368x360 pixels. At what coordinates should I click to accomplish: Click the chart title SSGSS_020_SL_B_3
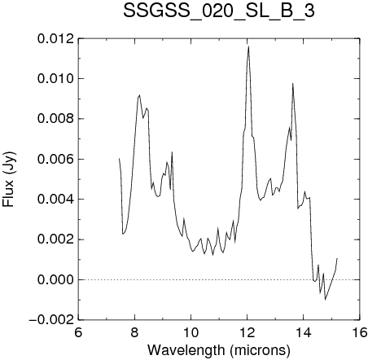tap(219, 11)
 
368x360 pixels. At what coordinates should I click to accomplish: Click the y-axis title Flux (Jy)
tap(8, 179)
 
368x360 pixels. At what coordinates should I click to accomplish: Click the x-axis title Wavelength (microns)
tap(219, 350)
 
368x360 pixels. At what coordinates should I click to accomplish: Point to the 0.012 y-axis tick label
tap(55, 39)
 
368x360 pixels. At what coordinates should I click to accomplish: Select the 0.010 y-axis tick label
tap(55, 79)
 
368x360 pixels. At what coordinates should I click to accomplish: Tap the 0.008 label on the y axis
tap(55, 119)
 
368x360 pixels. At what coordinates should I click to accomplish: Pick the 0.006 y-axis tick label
tap(55, 159)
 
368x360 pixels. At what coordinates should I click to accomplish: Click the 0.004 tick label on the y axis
tap(55, 200)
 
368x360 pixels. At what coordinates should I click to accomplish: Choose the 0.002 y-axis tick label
tap(55, 239)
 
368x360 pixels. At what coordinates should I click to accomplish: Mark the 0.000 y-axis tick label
tap(55, 279)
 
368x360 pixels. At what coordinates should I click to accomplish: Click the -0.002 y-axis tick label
tap(51, 320)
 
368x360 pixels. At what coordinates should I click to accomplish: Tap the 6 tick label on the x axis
tap(78, 332)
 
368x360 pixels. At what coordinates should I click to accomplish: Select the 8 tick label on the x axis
tap(134, 332)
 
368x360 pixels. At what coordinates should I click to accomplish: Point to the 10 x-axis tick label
tap(191, 332)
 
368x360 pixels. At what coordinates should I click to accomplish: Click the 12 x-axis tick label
tap(248, 332)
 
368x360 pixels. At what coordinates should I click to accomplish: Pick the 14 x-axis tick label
tap(304, 332)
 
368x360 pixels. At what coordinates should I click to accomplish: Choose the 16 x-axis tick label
tap(360, 332)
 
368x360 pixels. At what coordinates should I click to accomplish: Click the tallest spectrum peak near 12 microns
tap(248, 46)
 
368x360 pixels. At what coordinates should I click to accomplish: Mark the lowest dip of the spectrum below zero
tap(325, 300)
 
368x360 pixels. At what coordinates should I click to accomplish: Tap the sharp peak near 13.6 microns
tap(292, 84)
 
